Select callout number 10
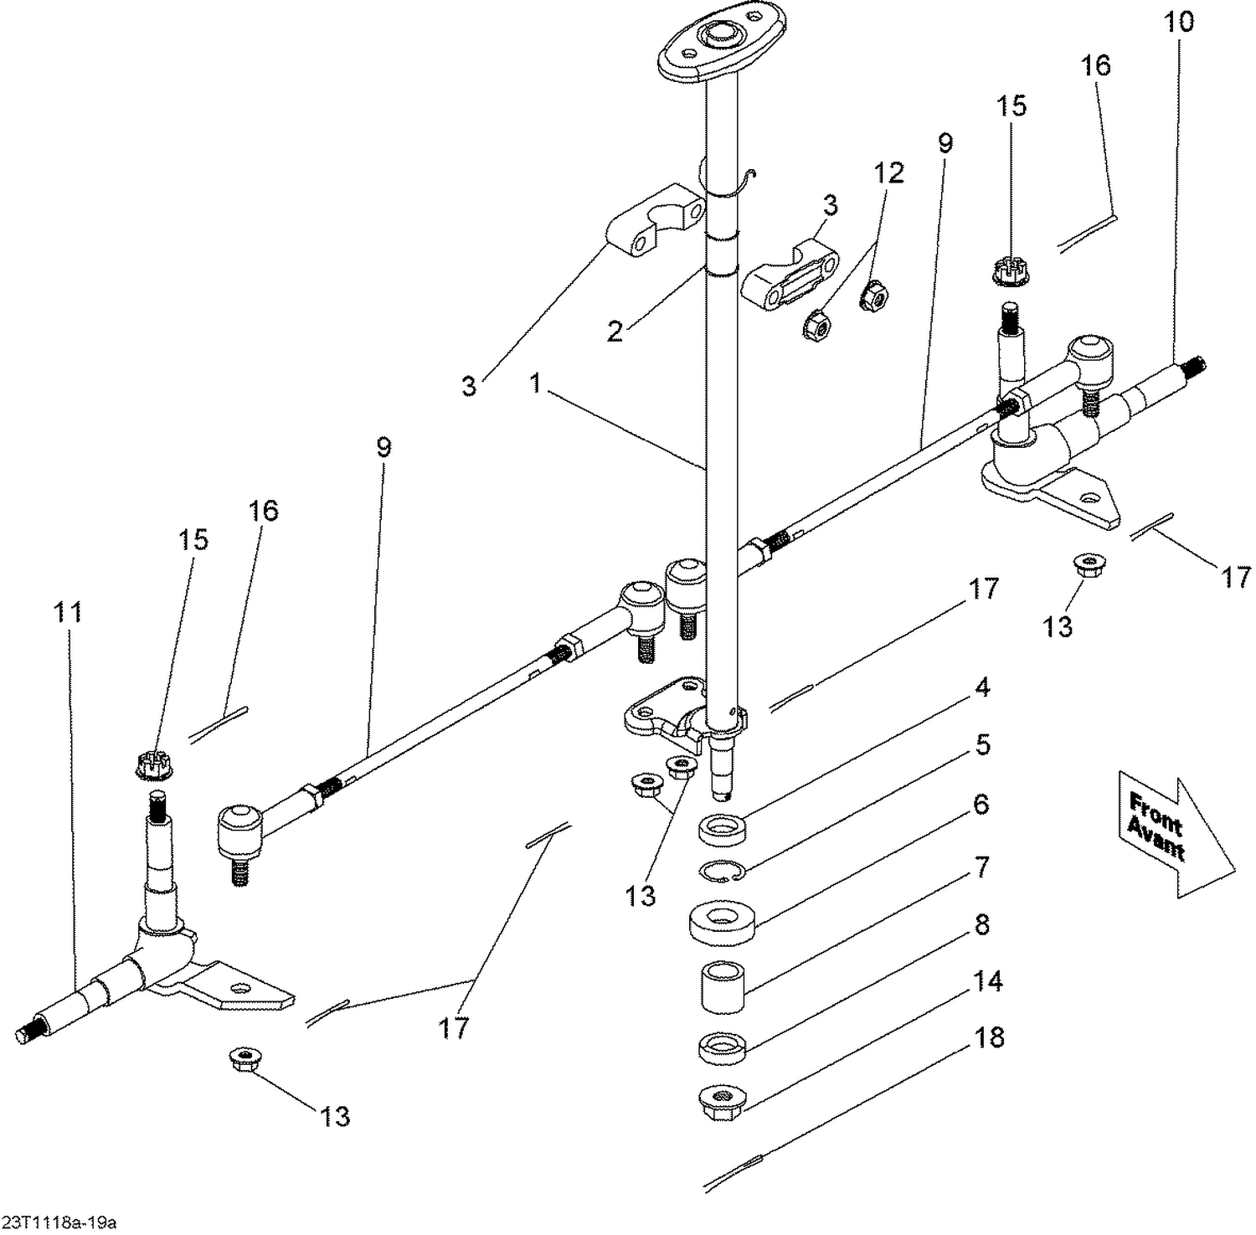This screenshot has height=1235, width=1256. tap(1178, 22)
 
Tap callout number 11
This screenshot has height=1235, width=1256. tap(68, 612)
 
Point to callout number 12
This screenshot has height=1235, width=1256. tap(888, 172)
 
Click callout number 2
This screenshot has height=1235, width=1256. tap(615, 332)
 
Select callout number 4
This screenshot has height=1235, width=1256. tap(982, 687)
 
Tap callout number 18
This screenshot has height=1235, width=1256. tap(989, 1037)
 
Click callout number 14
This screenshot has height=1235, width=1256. tap(988, 980)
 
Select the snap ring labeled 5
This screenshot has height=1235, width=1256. tap(721, 871)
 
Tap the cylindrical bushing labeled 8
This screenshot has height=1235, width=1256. tap(723, 987)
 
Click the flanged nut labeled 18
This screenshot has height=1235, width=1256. tap(722, 1097)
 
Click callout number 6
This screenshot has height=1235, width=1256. tap(981, 804)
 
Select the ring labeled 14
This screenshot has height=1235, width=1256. tap(722, 1047)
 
